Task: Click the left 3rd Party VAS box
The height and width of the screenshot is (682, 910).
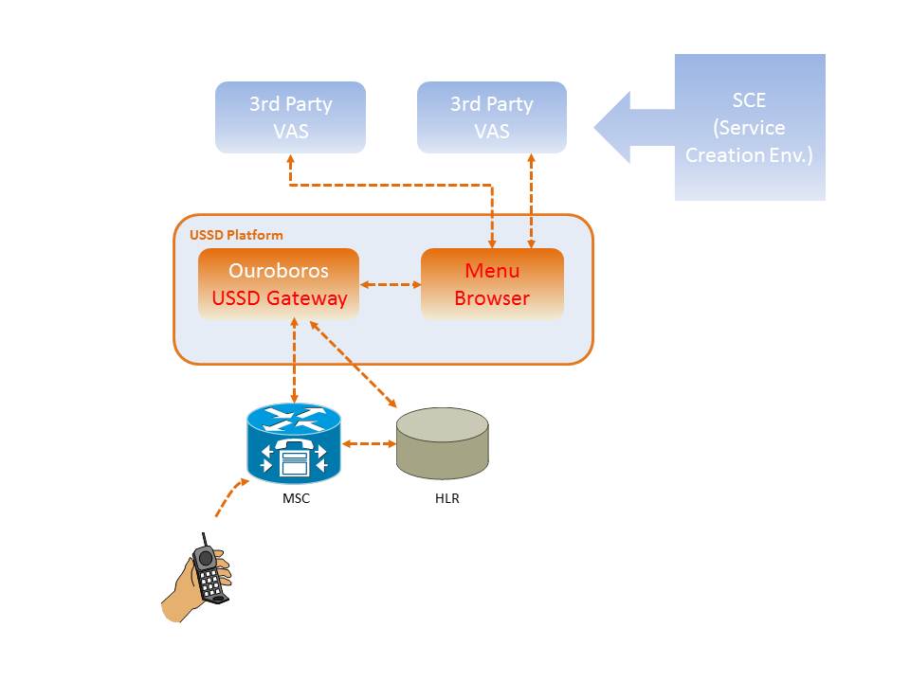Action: tap(290, 117)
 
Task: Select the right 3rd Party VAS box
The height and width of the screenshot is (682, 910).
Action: tap(492, 117)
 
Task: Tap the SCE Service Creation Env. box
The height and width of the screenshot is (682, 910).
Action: tap(749, 127)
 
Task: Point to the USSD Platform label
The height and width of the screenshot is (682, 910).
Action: tap(236, 235)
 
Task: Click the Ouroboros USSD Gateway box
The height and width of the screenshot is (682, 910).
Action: tap(279, 284)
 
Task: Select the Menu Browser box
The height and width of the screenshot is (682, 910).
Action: tap(492, 284)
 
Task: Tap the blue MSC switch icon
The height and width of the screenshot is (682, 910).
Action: tap(294, 442)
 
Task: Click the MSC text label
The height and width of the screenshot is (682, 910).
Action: tap(296, 498)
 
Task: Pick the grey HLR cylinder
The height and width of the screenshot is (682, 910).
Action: tap(442, 443)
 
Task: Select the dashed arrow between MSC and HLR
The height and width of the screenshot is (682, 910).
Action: tap(369, 443)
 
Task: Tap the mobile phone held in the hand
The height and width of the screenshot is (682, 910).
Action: tap(209, 572)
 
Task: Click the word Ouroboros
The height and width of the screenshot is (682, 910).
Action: tap(279, 271)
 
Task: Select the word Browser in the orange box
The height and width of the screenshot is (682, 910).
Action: tap(492, 298)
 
